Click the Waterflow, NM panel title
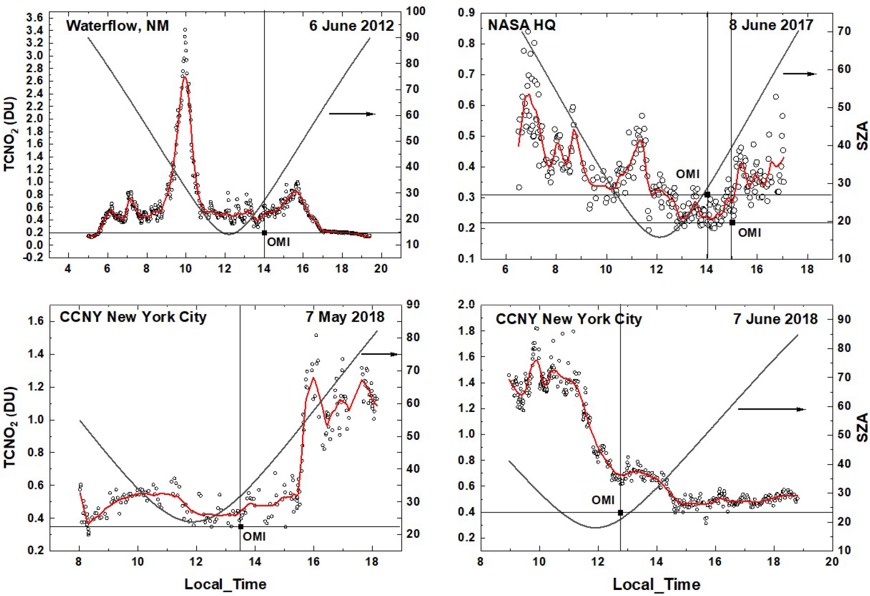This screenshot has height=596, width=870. pyautogui.click(x=117, y=26)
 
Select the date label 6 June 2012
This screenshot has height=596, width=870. pyautogui.click(x=351, y=26)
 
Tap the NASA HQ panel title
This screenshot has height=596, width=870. pyautogui.click(x=521, y=25)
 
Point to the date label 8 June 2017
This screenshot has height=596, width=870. pyautogui.click(x=771, y=25)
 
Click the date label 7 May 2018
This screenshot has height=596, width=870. pyautogui.click(x=345, y=317)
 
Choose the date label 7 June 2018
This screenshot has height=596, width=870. pyautogui.click(x=775, y=319)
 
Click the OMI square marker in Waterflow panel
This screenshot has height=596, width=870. pyautogui.click(x=264, y=233)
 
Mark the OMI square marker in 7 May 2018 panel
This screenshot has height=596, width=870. pyautogui.click(x=240, y=527)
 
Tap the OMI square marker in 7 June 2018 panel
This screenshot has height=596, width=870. pyautogui.click(x=620, y=513)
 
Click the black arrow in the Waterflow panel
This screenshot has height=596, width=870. pyautogui.click(x=352, y=114)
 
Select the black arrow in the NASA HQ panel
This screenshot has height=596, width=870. pyautogui.click(x=800, y=74)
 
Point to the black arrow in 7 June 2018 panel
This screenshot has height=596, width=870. pyautogui.click(x=772, y=409)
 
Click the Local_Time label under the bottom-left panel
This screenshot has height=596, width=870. pyautogui.click(x=226, y=584)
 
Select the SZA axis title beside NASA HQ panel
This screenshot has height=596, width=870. pyautogui.click(x=863, y=135)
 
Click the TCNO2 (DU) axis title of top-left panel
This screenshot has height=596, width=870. pyautogui.click(x=10, y=134)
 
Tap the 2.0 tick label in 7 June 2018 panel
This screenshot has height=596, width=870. pyautogui.click(x=466, y=304)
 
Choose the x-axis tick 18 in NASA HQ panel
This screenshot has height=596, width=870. pyautogui.click(x=807, y=269)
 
